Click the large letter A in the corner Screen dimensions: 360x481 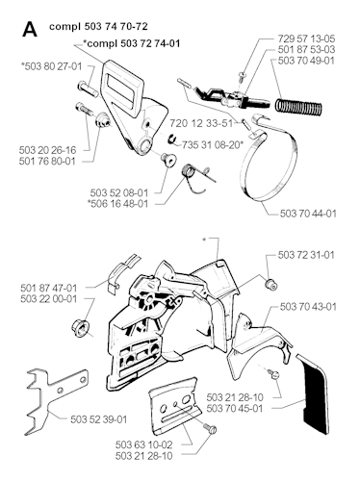click(x=30, y=30)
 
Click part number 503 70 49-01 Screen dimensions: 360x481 click(x=306, y=61)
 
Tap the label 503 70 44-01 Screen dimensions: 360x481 click(x=308, y=214)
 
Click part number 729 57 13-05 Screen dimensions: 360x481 click(x=306, y=38)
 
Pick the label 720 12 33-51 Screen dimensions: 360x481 click(x=201, y=123)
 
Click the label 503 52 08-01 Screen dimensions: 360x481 click(x=119, y=193)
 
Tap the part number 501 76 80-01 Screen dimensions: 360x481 click(x=47, y=161)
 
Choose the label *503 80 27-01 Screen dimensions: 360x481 click(x=51, y=66)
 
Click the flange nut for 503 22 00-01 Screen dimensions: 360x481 click(x=80, y=328)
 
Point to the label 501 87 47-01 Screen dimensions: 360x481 click(x=49, y=288)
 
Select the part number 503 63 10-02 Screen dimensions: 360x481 click(x=144, y=444)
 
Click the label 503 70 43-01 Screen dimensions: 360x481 click(x=308, y=307)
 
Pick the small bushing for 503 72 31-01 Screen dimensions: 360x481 click(x=270, y=284)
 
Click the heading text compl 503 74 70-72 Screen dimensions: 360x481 click(x=98, y=26)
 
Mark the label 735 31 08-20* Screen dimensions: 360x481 click(x=213, y=145)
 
